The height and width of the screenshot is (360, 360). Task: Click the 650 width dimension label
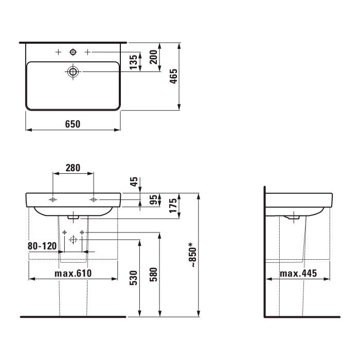73,124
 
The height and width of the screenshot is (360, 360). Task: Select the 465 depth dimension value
174,76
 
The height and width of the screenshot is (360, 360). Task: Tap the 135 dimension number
133,62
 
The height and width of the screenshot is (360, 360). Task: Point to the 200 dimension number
153,57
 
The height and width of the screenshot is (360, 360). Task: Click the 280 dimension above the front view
73,168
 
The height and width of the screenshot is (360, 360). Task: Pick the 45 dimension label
134,182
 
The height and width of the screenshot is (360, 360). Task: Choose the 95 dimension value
153,200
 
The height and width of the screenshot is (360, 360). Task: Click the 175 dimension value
173,206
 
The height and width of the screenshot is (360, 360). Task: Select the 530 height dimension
133,278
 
